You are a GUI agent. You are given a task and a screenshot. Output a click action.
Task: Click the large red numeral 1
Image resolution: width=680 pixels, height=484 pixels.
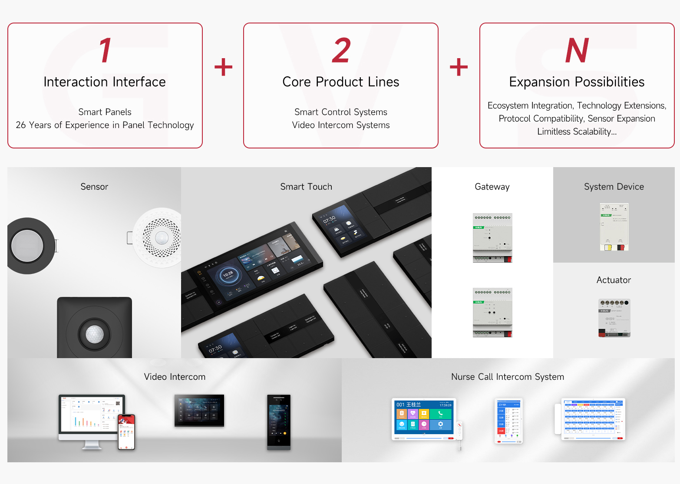click(x=106, y=50)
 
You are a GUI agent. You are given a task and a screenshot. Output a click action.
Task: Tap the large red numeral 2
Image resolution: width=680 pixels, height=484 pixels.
click(x=341, y=50)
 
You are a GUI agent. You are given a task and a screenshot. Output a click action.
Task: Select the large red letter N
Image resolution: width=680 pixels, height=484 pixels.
click(x=577, y=50)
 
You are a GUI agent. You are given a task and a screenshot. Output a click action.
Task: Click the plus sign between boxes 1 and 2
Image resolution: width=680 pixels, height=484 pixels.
click(x=223, y=67)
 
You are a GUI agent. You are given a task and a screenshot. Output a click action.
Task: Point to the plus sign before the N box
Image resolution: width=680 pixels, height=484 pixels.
click(x=459, y=67)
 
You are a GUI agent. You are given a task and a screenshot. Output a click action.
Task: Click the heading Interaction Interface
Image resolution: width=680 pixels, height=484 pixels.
click(x=105, y=82)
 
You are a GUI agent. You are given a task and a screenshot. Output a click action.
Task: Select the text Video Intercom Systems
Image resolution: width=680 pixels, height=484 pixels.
click(x=341, y=125)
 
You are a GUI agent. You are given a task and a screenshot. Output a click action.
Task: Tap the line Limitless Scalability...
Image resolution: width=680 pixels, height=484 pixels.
click(x=577, y=132)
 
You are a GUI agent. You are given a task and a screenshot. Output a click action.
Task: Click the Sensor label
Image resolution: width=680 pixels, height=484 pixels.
click(x=94, y=187)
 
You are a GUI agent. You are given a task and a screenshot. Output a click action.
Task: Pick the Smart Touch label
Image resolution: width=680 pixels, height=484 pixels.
click(x=306, y=187)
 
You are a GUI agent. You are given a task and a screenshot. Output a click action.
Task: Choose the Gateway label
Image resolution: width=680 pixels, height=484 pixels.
click(x=492, y=187)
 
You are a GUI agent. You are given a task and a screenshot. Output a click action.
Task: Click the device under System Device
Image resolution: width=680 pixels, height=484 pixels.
click(x=614, y=227)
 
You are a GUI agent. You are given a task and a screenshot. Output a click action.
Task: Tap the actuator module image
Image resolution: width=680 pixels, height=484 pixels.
click(x=614, y=318)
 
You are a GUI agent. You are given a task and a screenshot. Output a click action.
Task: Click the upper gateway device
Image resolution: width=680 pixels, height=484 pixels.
click(x=492, y=238)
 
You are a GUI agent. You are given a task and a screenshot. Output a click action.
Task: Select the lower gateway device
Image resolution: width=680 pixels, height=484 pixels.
click(x=492, y=313)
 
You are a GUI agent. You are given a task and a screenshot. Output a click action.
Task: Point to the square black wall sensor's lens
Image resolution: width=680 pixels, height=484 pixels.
click(x=95, y=334)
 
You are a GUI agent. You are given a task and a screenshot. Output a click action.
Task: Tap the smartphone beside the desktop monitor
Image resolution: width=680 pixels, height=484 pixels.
click(x=127, y=432)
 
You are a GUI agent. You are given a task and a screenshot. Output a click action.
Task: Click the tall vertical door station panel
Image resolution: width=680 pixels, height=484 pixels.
click(x=279, y=421)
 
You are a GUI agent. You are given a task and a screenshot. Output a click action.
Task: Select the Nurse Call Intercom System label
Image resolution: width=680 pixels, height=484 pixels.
click(x=508, y=377)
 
